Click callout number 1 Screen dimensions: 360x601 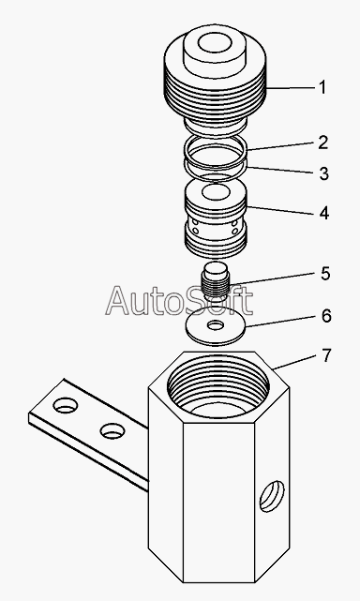(x=322, y=87)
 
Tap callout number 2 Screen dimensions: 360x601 (x=323, y=143)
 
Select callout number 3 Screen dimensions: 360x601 (x=324, y=173)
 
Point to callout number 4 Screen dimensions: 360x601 (x=324, y=213)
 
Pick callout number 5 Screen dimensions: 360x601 (x=325, y=274)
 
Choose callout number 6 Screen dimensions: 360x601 (x=326, y=316)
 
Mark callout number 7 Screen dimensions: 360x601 (x=325, y=355)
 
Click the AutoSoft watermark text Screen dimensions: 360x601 (x=179, y=301)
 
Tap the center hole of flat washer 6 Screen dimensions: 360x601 (x=217, y=325)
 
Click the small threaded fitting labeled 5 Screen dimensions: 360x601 (x=216, y=281)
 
